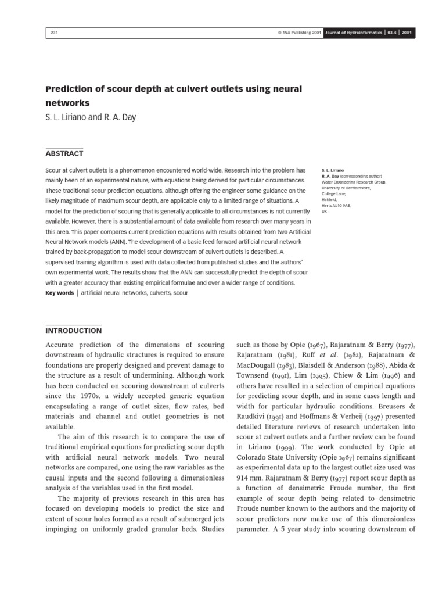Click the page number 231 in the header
click(x=53, y=33)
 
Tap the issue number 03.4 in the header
click(x=393, y=33)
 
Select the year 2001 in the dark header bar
click(x=407, y=33)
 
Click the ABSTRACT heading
click(x=64, y=153)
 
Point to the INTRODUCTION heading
click(x=73, y=331)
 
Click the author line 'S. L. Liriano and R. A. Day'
click(x=91, y=117)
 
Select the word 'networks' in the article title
click(x=67, y=103)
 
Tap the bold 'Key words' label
click(x=59, y=293)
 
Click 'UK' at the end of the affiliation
click(x=325, y=212)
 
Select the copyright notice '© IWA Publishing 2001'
click(x=300, y=33)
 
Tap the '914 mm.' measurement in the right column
click(x=251, y=467)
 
